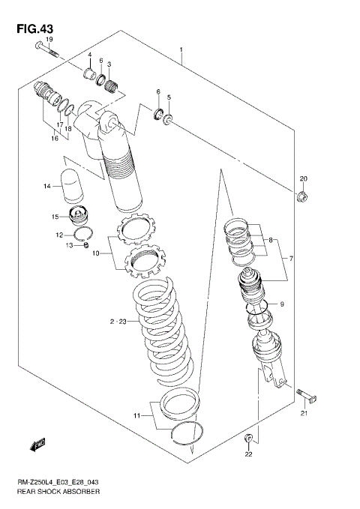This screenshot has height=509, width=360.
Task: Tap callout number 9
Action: point(282,304)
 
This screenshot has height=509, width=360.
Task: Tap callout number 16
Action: point(54,138)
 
